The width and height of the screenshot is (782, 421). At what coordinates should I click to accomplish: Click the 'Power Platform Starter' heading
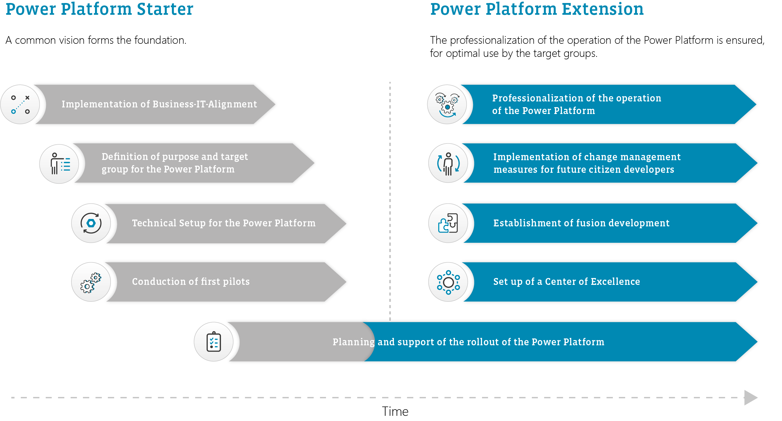tap(99, 9)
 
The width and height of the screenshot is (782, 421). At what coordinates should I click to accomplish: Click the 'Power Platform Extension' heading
tap(537, 9)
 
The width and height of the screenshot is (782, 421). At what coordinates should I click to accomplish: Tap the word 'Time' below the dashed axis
tap(395, 411)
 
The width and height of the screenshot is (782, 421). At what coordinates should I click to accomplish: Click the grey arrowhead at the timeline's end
tap(751, 397)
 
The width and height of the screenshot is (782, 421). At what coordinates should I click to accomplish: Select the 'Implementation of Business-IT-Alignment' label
tap(159, 104)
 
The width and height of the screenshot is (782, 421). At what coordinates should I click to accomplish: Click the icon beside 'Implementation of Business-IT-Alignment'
tap(20, 104)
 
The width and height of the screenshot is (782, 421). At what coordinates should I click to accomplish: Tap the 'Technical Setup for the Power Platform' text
tap(224, 223)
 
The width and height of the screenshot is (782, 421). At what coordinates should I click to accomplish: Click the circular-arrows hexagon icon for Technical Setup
tap(91, 223)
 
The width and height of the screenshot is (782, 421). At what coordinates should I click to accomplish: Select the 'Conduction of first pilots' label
tap(191, 282)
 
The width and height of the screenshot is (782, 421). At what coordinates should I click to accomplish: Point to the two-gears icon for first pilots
tap(91, 282)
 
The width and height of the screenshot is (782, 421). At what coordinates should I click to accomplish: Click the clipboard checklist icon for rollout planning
tap(214, 342)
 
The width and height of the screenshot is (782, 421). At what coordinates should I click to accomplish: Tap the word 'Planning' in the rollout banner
tap(354, 342)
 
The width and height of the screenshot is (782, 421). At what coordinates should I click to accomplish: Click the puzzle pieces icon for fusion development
tap(448, 223)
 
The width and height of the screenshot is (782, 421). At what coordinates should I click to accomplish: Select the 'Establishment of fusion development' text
tap(581, 223)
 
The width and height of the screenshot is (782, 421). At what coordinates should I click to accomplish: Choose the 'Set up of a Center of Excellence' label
tap(567, 282)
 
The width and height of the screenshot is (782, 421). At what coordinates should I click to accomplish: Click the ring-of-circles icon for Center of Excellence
tap(448, 282)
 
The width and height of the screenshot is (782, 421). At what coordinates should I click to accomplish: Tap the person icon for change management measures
tap(448, 164)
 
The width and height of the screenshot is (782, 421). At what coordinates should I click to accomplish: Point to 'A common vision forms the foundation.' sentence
tap(96, 40)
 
